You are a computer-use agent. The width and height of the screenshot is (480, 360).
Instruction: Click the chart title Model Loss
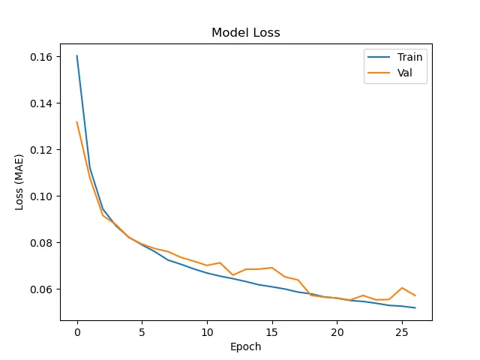pos(246,33)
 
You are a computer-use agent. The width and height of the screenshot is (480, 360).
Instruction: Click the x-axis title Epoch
pos(246,346)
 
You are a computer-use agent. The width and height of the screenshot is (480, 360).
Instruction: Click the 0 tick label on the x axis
pos(77,331)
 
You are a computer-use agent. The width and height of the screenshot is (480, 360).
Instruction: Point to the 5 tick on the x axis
pos(142,331)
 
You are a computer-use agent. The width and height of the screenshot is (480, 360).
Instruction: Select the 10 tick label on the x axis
pos(207,331)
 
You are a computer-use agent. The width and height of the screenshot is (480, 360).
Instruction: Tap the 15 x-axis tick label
pos(272,331)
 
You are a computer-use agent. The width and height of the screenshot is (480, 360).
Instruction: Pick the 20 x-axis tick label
pos(337,331)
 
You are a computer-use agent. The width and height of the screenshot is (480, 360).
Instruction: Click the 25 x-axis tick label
pos(402,331)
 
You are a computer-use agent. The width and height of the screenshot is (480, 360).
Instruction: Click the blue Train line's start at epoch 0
pos(77,55)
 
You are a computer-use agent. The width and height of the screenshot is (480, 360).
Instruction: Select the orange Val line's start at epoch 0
pos(77,121)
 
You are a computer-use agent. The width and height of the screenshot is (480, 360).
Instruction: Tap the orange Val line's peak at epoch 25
pos(402,288)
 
